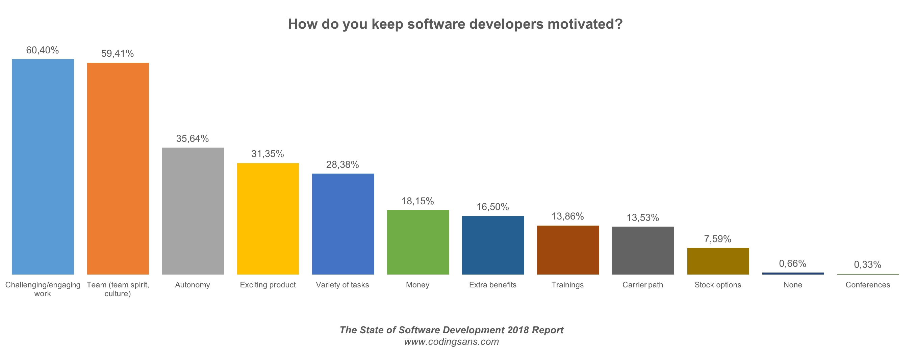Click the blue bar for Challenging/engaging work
click(43, 167)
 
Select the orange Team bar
click(118, 169)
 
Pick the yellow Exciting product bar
click(268, 219)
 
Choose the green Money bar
click(418, 242)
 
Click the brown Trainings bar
click(568, 250)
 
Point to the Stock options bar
click(718, 261)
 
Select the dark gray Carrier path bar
click(642, 250)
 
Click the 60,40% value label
click(42, 50)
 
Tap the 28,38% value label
click(342, 164)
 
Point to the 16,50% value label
click(492, 207)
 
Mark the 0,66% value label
click(792, 263)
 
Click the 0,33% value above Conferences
click(867, 264)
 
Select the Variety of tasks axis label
click(342, 285)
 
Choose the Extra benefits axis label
click(492, 285)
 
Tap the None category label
click(792, 285)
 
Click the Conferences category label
click(867, 285)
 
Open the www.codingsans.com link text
click(452, 341)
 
